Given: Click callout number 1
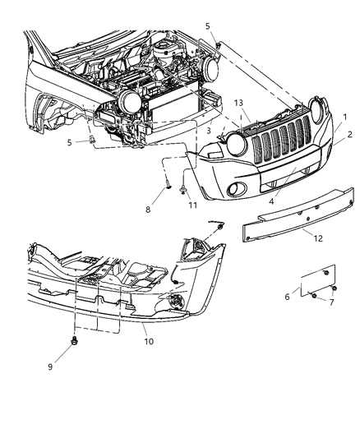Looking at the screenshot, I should [x=344, y=118].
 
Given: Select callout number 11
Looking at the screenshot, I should [x=194, y=205].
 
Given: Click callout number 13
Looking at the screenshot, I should [x=239, y=103].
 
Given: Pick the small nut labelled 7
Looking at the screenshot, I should [x=316, y=294].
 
